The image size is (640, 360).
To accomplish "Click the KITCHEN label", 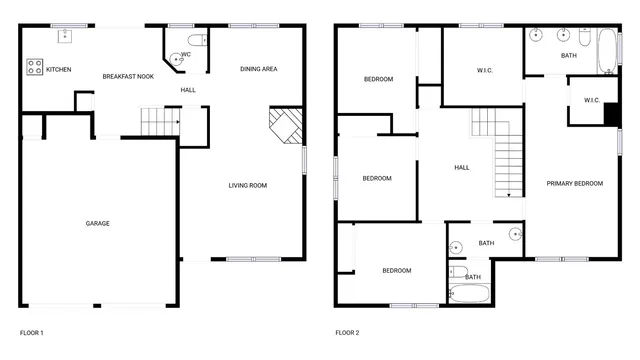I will pos(58,69).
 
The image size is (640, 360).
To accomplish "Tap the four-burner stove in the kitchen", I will pos(34,68).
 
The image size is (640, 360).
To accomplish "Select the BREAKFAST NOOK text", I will pos(127,76).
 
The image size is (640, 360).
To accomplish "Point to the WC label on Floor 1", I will pos(186,54).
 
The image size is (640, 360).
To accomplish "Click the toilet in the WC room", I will pos(196,41).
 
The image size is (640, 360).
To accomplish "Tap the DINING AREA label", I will pos(258,69).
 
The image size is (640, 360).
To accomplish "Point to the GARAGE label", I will pos(97,223).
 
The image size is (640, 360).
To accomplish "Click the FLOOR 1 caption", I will pos(32,332).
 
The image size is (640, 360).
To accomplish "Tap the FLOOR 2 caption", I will pos(347,332).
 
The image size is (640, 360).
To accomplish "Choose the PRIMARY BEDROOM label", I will pos(574,183).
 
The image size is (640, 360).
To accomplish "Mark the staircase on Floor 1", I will pos(158,121).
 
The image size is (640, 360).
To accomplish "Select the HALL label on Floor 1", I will pos(188,90).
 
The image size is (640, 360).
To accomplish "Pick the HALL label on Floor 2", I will pos(461,168).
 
